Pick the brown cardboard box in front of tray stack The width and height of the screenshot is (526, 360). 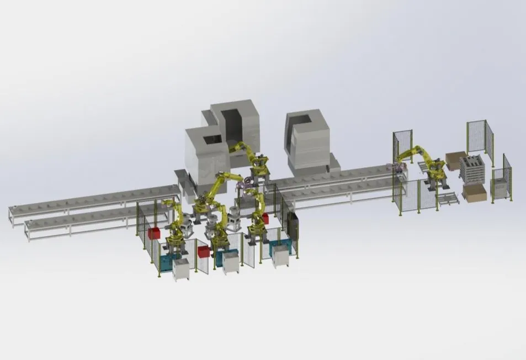click(x=475, y=193)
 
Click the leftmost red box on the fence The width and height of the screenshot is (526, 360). click(x=153, y=232)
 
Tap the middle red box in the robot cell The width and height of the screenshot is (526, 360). click(x=204, y=252)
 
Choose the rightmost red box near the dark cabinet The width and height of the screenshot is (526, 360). click(x=264, y=219)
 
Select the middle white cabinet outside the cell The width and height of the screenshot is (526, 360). click(x=231, y=262)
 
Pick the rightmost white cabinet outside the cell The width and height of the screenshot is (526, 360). click(x=281, y=256)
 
